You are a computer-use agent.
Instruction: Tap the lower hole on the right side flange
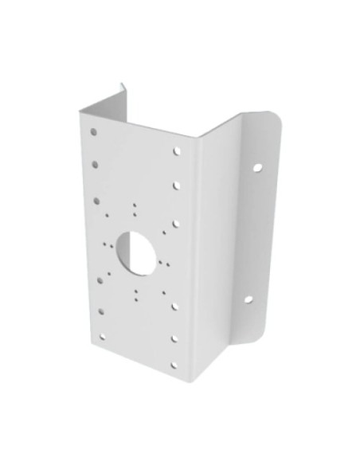point(248,299)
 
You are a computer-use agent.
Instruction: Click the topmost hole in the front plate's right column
point(177,149)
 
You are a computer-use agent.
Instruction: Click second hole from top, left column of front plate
point(95,164)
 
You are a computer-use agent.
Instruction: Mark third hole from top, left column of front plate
point(96,201)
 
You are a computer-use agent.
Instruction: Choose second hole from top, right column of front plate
point(177,186)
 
